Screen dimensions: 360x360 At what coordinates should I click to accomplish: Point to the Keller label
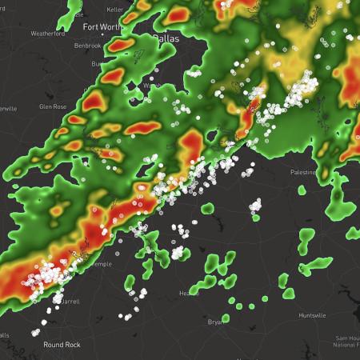[114, 9]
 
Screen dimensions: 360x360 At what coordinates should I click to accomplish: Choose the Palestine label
[305, 172]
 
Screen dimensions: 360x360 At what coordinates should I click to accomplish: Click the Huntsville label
[310, 315]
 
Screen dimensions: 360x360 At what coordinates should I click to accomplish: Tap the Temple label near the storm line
[99, 263]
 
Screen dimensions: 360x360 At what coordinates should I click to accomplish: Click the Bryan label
[214, 322]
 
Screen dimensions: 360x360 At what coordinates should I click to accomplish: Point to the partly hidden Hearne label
[188, 294]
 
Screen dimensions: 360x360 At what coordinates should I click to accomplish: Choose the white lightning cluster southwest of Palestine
[255, 206]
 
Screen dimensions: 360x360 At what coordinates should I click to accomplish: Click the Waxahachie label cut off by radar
[149, 86]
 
